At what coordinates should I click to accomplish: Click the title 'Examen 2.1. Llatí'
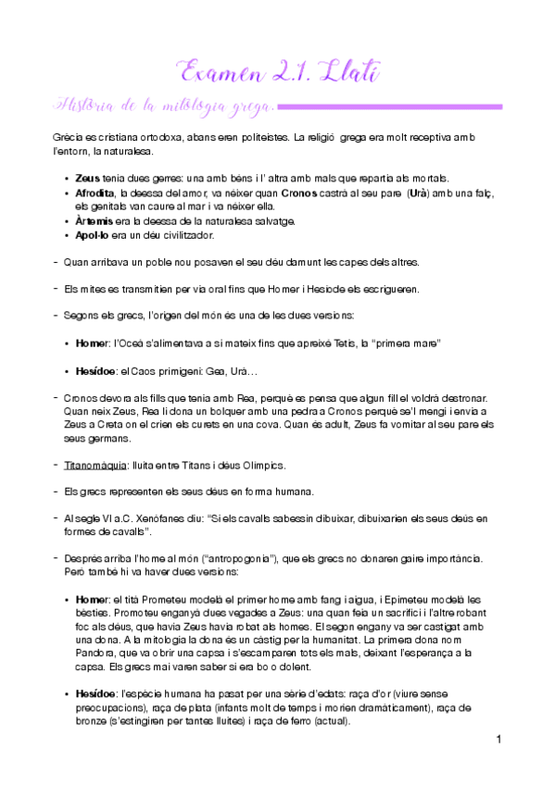tap(278, 69)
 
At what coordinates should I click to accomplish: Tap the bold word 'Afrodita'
tap(97, 193)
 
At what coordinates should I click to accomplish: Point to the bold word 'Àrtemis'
tap(95, 220)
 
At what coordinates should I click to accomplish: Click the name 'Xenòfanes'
tap(159, 519)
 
